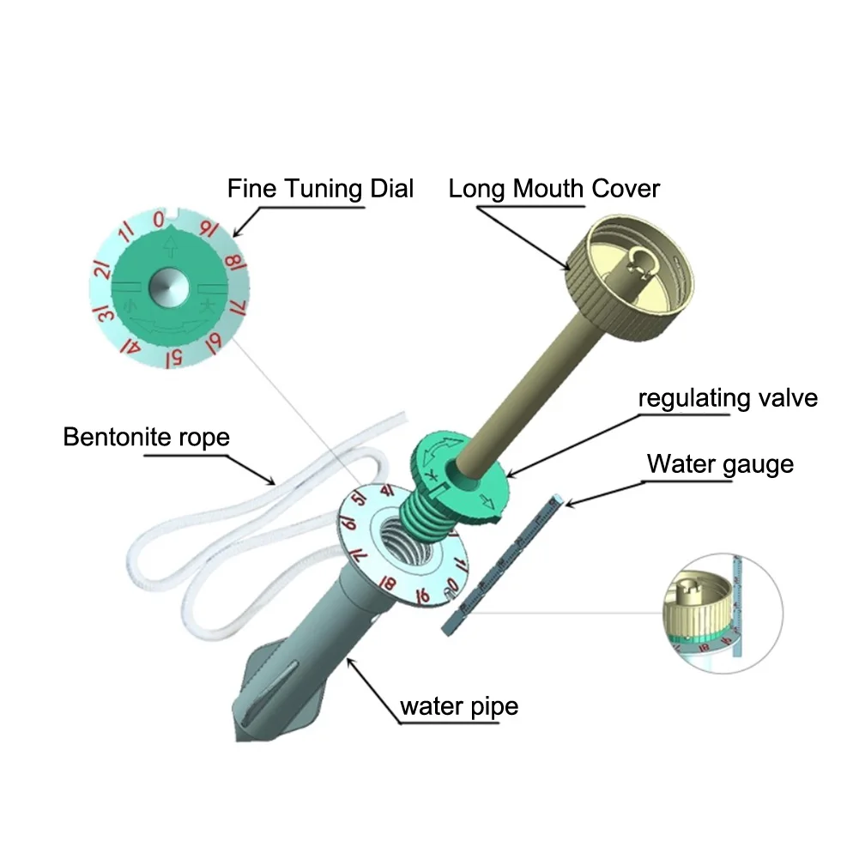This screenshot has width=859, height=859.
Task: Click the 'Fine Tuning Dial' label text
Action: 320,188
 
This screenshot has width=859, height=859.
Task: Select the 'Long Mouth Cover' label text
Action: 554,188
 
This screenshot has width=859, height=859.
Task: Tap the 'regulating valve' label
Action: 727,398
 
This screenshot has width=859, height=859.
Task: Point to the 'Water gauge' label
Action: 720,464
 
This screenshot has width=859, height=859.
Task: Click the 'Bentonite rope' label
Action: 147,437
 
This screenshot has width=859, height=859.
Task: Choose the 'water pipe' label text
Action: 459,707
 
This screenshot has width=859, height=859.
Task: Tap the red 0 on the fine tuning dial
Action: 158,220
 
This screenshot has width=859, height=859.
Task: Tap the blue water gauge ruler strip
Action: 503,567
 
